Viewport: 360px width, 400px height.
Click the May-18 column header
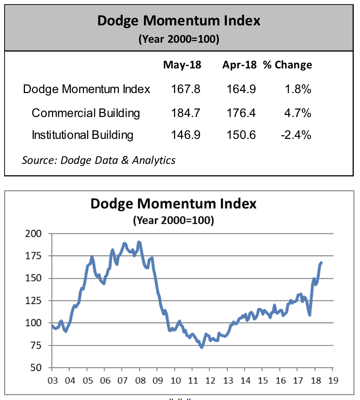[x=182, y=65]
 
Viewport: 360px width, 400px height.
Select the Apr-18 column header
[x=239, y=65]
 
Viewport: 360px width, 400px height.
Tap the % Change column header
[x=288, y=65]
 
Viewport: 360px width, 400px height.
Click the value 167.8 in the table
[x=186, y=89]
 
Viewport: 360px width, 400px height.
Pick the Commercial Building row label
[x=86, y=113]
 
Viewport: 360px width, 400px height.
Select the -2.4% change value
[x=296, y=135]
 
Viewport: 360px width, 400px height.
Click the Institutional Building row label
[x=83, y=135]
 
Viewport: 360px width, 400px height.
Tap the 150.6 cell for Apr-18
[x=241, y=135]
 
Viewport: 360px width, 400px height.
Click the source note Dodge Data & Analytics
[x=98, y=160]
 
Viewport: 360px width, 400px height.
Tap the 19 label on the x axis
[x=333, y=380]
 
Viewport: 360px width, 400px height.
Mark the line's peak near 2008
[x=139, y=242]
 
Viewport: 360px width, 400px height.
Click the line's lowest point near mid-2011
[x=202, y=347]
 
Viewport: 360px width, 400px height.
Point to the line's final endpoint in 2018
[x=322, y=262]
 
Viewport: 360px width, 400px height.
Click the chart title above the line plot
[x=173, y=204]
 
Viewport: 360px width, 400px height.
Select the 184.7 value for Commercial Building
[x=186, y=113]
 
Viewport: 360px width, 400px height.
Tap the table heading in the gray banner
[x=179, y=21]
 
